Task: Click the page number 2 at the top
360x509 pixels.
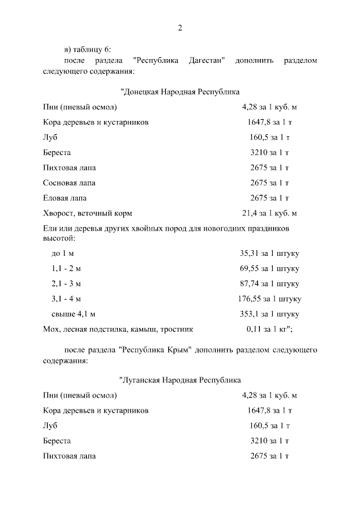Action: (180, 28)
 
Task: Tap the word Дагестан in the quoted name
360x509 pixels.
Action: (204, 60)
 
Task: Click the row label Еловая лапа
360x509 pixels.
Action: (65, 198)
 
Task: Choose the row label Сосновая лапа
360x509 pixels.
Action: (69, 183)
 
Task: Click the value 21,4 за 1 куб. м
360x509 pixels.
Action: (269, 213)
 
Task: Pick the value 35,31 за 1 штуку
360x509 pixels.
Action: (269, 253)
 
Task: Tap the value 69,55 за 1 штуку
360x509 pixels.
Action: (269, 268)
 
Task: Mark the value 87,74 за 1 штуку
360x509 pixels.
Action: (269, 283)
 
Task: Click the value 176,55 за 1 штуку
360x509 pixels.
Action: (269, 299)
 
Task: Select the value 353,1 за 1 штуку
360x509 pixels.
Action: (269, 314)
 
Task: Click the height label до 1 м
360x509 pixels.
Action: (62, 253)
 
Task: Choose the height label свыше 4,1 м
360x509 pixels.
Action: (73, 314)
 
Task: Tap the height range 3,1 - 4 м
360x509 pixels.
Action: (66, 299)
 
